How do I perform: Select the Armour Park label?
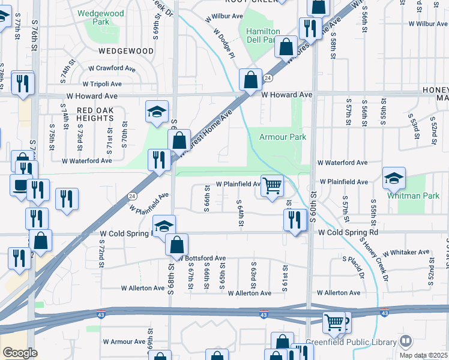[x=283, y=137]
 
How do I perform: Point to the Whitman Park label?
[x=414, y=196]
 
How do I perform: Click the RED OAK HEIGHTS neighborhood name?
[x=101, y=115]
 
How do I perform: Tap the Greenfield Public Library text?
[x=351, y=342]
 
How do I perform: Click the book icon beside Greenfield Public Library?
[x=406, y=342]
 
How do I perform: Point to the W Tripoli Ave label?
[x=102, y=84]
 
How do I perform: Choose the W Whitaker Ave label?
[x=406, y=253]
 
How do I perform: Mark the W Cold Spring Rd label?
[x=348, y=232]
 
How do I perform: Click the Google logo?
[x=20, y=353]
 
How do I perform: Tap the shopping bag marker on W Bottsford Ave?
[x=176, y=245]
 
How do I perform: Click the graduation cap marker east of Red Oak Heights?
[x=157, y=112]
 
